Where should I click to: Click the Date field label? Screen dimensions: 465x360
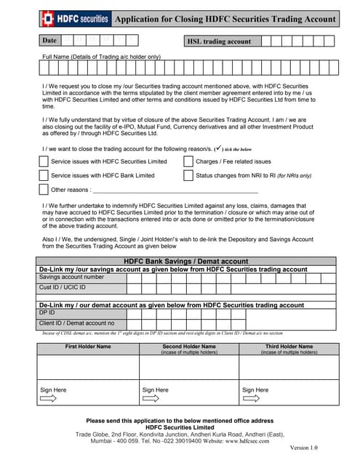coord(49,41)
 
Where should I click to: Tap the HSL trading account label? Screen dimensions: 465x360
coord(219,41)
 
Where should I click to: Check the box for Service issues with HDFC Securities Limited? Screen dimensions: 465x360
coord(43,161)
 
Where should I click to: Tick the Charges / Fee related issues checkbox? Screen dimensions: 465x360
coord(188,161)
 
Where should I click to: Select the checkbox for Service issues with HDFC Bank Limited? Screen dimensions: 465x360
coord(43,175)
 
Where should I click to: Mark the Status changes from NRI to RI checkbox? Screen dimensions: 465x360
coord(188,175)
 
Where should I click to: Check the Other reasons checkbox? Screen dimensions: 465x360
coord(43,190)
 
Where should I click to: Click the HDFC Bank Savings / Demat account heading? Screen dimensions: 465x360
coord(186,261)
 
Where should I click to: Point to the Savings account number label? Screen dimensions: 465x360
coord(71,277)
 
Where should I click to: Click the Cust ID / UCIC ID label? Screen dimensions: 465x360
coord(63,288)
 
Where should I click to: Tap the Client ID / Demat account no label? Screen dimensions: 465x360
coord(76,323)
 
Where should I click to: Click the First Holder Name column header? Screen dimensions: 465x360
coord(88,347)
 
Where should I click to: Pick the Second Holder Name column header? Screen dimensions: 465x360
coord(189,347)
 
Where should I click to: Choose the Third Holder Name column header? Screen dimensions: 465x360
coord(289,347)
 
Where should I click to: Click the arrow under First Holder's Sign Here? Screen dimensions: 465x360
coord(49,398)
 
